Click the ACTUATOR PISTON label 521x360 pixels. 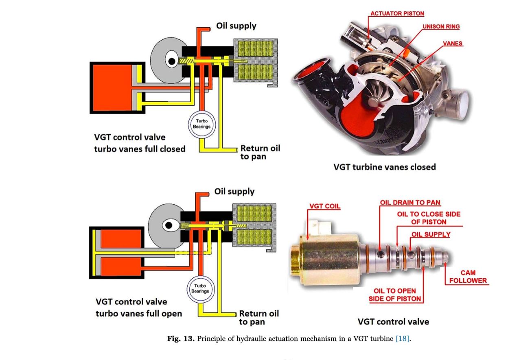coord(397,13)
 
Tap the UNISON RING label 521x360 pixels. coord(441,26)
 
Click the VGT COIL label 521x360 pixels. coord(325,206)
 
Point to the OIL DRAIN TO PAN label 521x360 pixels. coord(410,202)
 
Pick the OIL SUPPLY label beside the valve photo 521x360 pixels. coord(431,234)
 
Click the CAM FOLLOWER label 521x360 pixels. coord(468,277)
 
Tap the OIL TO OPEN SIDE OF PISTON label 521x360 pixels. coord(394,295)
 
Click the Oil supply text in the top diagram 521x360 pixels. coord(236,26)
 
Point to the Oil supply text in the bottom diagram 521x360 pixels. coord(234,191)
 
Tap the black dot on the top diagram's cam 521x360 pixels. coord(172,61)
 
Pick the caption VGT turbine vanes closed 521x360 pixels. coord(384,167)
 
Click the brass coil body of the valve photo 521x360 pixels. coord(328,256)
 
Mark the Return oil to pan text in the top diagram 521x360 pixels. coord(260,152)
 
